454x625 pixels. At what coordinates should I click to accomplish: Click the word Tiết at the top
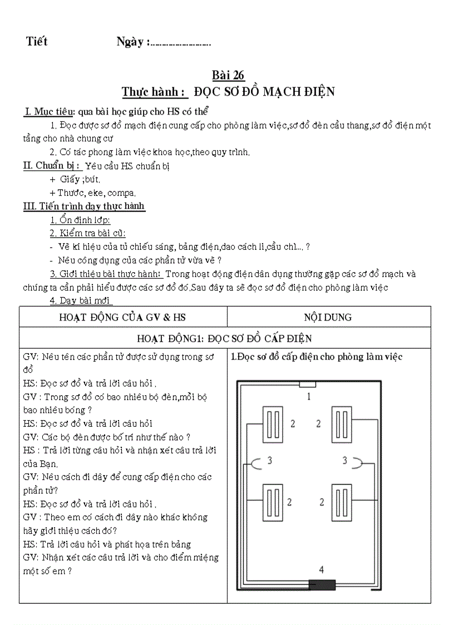37,41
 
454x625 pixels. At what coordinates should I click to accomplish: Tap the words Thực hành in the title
153,91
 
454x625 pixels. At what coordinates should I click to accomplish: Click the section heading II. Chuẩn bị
52,165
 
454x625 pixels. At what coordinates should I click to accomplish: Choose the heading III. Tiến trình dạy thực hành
83,206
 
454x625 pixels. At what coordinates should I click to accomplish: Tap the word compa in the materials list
121,193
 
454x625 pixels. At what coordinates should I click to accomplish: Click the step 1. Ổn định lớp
80,220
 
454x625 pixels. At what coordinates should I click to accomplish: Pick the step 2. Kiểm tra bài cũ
87,233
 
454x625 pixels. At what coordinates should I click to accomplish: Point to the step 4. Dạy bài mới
81,301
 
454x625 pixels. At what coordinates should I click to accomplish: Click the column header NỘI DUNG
328,317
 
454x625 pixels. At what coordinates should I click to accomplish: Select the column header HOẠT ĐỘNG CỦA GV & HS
122,317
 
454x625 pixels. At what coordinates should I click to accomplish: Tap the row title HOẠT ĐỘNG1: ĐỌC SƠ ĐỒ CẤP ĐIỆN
224,338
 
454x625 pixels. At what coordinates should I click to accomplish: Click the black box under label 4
322,584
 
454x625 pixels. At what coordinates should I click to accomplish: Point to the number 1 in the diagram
309,396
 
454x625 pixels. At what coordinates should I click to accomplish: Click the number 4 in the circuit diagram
322,569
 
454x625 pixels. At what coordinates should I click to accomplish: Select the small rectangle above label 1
308,384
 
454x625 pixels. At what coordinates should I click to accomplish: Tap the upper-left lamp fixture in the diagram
273,425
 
